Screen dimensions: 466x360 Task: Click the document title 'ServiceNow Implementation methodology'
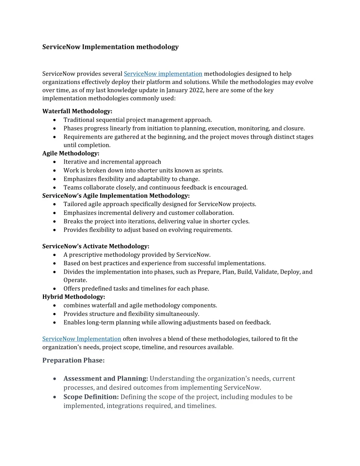click(110, 47)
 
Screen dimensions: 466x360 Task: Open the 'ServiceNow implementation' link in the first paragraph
click(163, 74)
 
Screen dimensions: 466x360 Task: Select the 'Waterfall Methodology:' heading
click(77, 111)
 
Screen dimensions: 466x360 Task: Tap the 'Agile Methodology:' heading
click(71, 153)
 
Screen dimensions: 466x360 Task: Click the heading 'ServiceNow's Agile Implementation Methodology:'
click(116, 196)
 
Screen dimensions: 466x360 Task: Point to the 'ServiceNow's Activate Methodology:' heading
click(96, 246)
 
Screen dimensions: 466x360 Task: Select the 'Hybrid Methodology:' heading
click(73, 297)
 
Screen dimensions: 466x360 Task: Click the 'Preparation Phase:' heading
click(73, 360)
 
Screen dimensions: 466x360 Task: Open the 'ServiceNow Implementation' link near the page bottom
click(82, 339)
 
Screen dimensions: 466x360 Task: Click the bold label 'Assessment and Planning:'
click(105, 379)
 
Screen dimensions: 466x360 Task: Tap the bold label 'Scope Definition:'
click(91, 397)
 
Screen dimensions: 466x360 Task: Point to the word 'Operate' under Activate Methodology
click(75, 280)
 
